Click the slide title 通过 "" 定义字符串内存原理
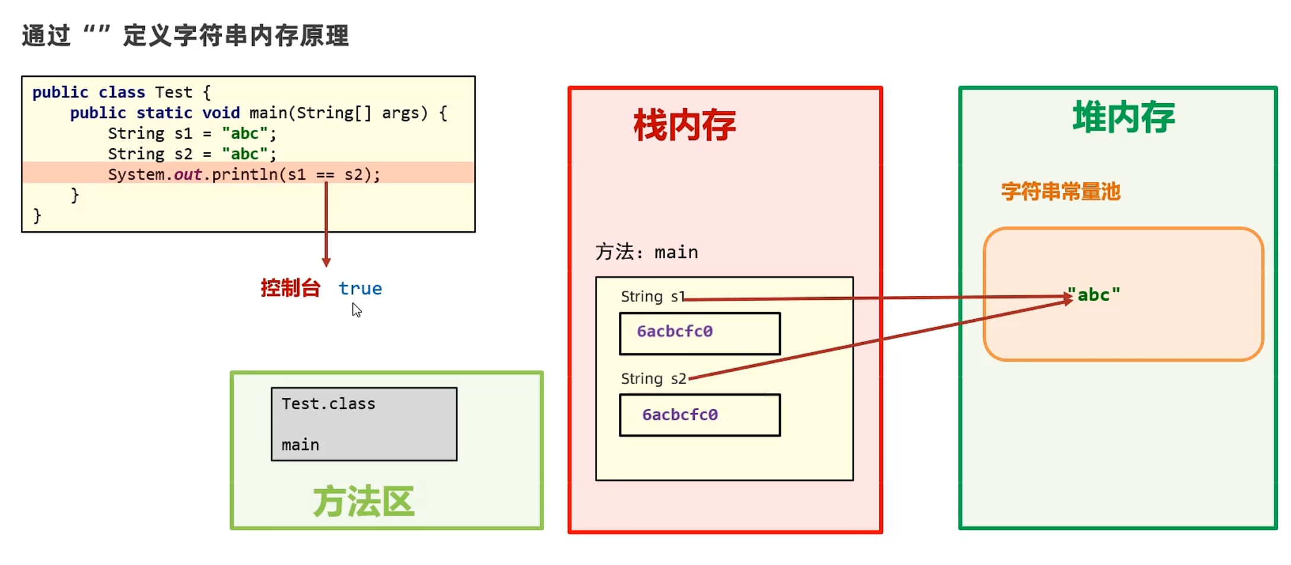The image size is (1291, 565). click(185, 36)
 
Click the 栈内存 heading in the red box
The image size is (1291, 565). click(685, 125)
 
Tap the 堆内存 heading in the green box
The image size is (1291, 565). click(1124, 117)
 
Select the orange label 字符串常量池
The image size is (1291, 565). click(1060, 191)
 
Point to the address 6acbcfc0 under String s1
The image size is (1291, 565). click(675, 331)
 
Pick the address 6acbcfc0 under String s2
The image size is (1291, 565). click(680, 414)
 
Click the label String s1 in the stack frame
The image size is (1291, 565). click(653, 296)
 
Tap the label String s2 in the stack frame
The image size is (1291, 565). click(653, 378)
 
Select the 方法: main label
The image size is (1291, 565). click(647, 252)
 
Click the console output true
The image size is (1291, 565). click(360, 289)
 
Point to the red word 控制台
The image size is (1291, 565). click(290, 288)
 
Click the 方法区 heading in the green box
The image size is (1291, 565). click(363, 502)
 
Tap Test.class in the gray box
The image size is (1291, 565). click(328, 404)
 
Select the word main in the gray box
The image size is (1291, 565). click(300, 445)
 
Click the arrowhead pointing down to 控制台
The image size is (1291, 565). click(326, 261)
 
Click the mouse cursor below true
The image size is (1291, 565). click(356, 309)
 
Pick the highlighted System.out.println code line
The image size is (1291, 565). click(244, 174)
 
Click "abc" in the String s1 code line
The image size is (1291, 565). click(244, 133)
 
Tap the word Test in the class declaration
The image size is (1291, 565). click(173, 92)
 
